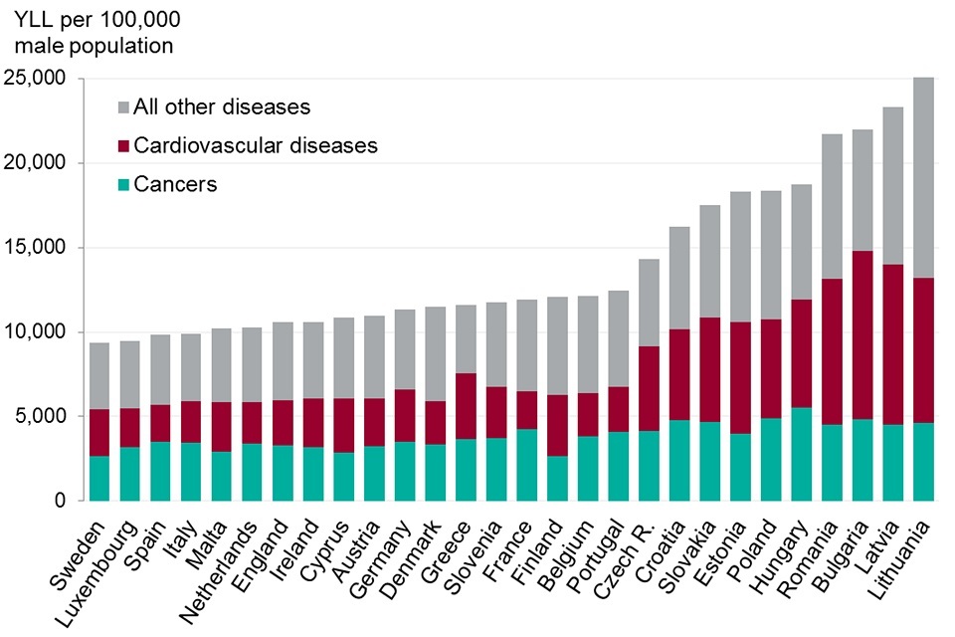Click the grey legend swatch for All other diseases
(x=123, y=106)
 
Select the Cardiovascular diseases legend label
(x=256, y=145)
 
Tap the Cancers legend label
(x=175, y=184)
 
